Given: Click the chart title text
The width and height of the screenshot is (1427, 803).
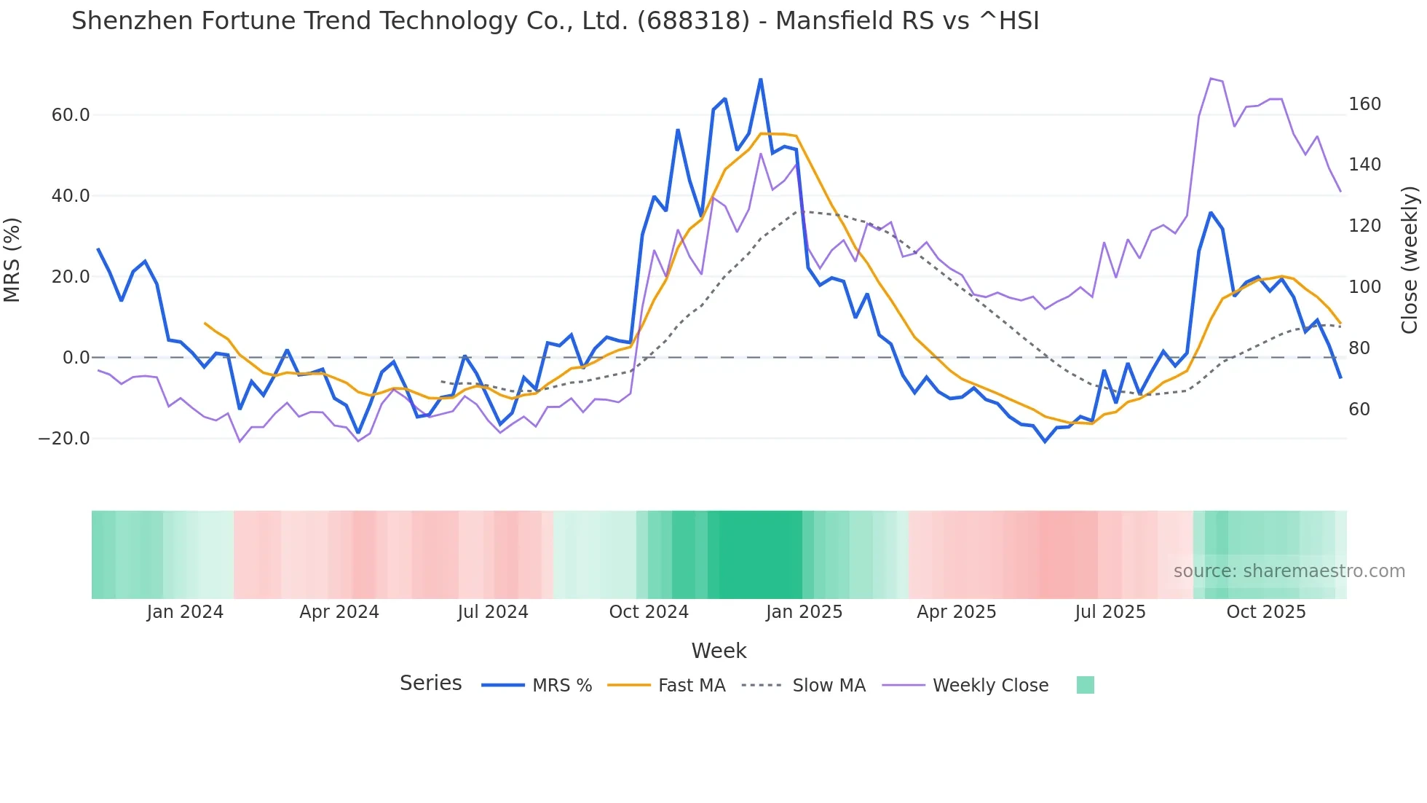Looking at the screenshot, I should coord(555,21).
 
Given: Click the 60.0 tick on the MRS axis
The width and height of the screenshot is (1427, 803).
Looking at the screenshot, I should coord(71,115).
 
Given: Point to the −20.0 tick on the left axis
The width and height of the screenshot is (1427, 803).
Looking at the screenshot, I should coord(65,439).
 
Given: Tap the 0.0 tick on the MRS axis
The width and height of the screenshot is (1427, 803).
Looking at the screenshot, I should coord(76,358).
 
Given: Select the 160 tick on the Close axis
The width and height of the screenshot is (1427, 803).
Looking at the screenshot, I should coord(1364,104).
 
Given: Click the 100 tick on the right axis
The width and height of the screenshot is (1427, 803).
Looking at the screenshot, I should coord(1364,287).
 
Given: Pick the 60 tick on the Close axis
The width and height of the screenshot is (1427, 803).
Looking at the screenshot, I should coord(1359,410).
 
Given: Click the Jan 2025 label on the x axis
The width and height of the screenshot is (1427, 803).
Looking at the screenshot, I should coord(804,612).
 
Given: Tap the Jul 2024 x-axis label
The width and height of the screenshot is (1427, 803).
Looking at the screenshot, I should coord(493,612).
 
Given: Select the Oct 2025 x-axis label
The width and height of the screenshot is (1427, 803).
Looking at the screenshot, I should coord(1266,612).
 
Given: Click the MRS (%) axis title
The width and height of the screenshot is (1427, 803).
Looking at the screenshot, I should coord(12,259).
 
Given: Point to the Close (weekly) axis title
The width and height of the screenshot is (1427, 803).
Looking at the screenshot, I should coord(1410,259).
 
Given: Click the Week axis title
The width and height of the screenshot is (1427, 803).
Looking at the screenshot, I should coord(719,651).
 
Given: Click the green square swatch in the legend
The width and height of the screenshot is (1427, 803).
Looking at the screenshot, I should coord(1085,685).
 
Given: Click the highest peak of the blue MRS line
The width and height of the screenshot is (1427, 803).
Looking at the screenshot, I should coord(761,79).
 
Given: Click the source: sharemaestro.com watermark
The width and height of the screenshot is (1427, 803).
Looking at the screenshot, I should coord(1289,571).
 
